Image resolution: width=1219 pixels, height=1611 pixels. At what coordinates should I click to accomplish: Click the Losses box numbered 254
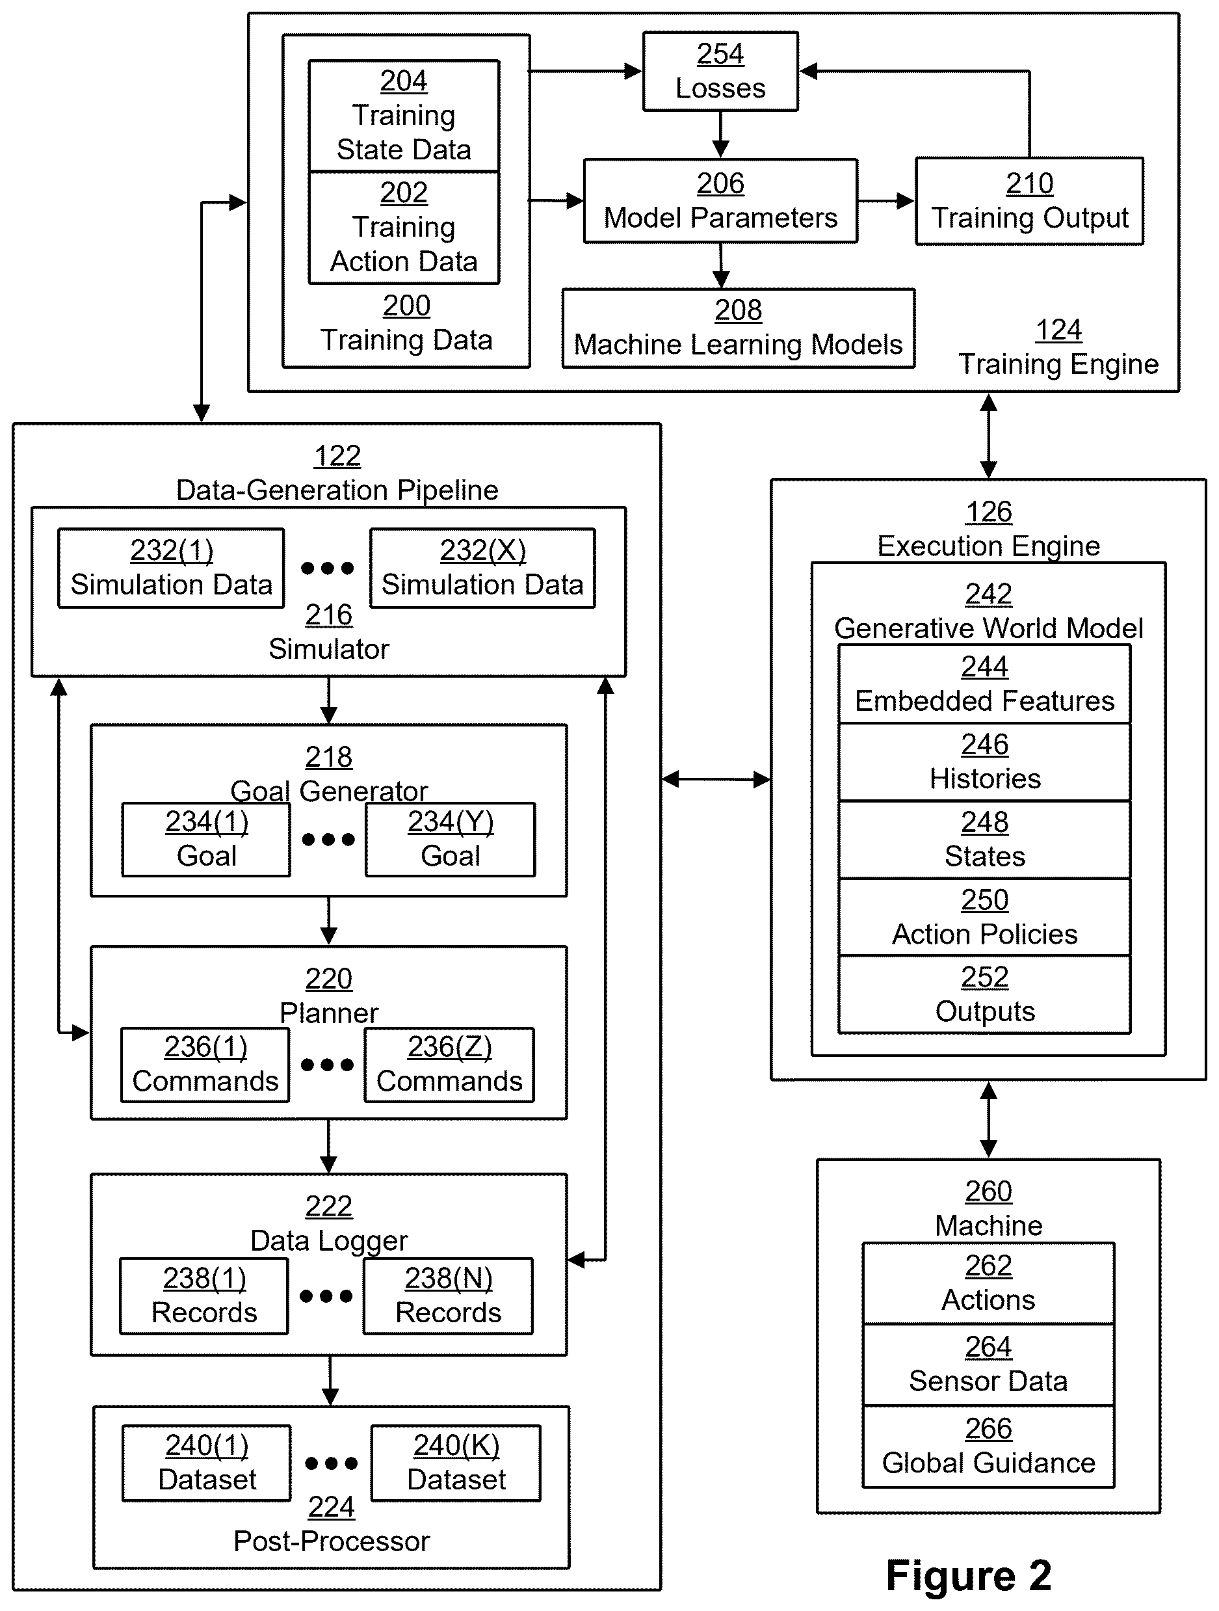[720, 72]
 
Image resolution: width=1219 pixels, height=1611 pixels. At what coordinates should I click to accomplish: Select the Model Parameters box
[720, 201]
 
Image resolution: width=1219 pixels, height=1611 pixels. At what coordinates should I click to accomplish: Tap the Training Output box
[1030, 201]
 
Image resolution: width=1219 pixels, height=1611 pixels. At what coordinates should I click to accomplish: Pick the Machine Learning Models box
[739, 328]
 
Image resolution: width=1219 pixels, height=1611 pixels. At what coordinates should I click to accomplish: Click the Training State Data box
[404, 116]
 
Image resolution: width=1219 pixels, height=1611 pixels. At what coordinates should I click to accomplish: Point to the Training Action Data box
[404, 227]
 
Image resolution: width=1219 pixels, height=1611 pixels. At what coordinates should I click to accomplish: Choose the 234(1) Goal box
[207, 839]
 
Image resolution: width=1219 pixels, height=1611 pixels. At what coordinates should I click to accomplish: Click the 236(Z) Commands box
[449, 1065]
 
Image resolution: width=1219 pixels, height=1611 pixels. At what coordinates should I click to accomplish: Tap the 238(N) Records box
[449, 1296]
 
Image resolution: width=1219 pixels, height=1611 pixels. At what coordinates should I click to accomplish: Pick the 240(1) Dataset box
[207, 1463]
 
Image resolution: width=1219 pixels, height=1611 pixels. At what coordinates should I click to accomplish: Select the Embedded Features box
[984, 684]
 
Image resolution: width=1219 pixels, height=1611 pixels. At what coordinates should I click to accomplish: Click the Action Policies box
[984, 918]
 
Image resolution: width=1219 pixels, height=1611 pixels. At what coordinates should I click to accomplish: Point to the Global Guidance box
[988, 1447]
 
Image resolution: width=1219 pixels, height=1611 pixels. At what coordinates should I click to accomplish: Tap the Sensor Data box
[988, 1365]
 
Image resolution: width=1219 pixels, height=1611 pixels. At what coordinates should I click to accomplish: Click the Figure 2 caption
[969, 1575]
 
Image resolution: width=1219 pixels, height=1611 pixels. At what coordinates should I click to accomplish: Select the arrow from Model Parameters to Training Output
[886, 201]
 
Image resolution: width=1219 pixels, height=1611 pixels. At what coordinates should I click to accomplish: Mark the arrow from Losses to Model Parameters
[720, 135]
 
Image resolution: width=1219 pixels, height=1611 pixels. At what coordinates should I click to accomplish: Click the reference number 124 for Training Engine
[1059, 330]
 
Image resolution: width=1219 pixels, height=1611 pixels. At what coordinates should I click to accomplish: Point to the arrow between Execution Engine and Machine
[988, 1119]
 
